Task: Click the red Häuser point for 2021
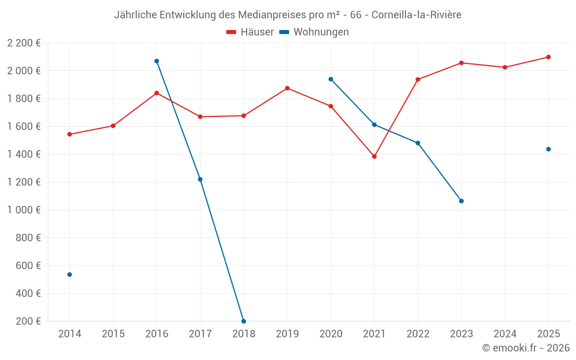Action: [374, 156]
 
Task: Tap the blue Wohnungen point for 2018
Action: [244, 321]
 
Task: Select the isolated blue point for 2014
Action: [70, 275]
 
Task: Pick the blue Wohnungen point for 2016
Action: [157, 61]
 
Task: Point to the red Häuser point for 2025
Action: [548, 57]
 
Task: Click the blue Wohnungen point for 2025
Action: [548, 149]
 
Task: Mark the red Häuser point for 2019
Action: [287, 88]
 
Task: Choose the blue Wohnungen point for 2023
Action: [461, 201]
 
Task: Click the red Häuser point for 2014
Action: [70, 134]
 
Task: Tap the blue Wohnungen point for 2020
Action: [331, 79]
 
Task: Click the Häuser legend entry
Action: [250, 32]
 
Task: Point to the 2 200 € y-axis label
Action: [24, 43]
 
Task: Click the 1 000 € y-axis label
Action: [24, 210]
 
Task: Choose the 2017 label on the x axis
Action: [200, 334]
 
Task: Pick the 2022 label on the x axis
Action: [418, 334]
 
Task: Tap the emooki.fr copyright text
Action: [525, 348]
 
